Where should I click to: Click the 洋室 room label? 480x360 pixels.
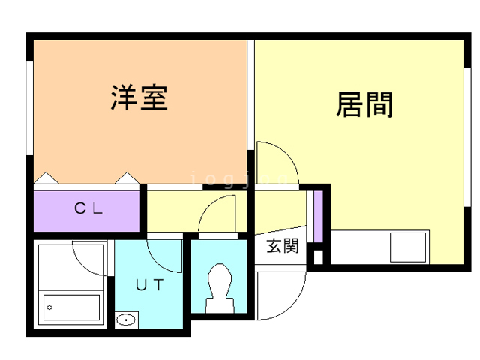[x=139, y=97]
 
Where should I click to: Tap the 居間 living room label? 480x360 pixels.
[x=364, y=105]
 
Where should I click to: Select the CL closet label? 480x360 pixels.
[x=88, y=208]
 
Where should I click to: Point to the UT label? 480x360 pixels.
[x=150, y=285]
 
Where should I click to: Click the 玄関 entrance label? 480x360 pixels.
[x=282, y=246]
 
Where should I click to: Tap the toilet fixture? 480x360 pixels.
[x=220, y=288]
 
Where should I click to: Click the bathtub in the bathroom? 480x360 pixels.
[x=71, y=307]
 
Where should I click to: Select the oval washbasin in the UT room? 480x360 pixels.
[x=126, y=320]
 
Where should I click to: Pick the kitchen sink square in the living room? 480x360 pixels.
[x=408, y=247]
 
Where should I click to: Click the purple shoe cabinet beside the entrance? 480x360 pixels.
[x=318, y=216]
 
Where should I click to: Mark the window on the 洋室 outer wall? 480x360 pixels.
[x=29, y=108]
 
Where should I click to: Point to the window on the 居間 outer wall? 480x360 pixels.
[x=467, y=137]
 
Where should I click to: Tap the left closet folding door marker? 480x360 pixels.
[x=46, y=178]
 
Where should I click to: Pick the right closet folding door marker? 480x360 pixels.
[x=127, y=178]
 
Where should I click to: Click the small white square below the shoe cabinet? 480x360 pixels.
[x=318, y=256]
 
